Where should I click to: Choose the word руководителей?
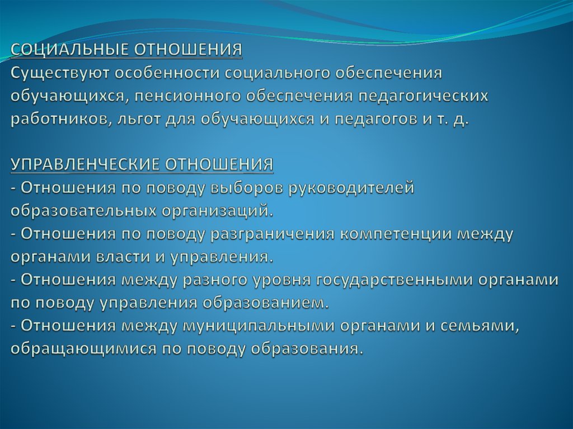(x=351, y=188)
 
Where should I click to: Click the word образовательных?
(x=83, y=211)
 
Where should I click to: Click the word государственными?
(x=396, y=280)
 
